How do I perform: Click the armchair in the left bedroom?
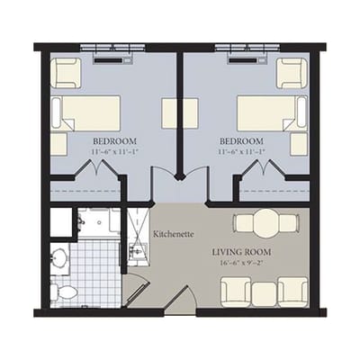coord(66,72)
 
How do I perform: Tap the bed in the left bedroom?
coord(86,113)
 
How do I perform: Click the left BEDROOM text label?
coord(114,142)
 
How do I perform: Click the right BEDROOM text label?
coord(241,142)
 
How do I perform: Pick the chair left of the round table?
coord(244,223)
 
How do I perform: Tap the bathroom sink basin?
coord(59,259)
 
